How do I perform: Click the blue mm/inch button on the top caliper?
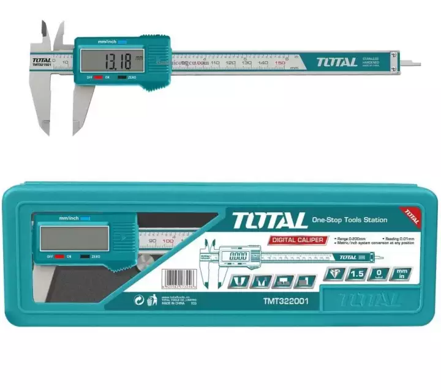click(121, 42)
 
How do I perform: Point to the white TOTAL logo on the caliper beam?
click(336, 62)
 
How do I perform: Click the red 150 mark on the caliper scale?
click(280, 63)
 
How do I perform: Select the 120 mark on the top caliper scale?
click(230, 63)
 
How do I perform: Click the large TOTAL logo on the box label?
click(269, 220)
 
